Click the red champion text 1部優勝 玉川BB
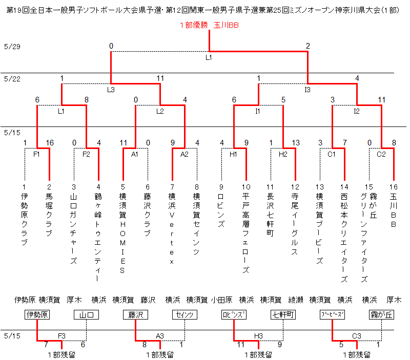point(209,25)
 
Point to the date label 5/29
point(12,47)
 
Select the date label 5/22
point(12,79)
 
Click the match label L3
point(111,90)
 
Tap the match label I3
point(307,90)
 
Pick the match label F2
point(86,155)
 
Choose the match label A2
point(184,155)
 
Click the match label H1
point(233,155)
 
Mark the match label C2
point(381,155)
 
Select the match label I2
point(357,111)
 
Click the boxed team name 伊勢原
point(37,314)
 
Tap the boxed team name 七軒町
point(283,314)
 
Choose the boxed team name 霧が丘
point(381,314)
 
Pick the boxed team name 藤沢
point(135,314)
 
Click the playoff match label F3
point(61,336)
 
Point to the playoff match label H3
point(258,336)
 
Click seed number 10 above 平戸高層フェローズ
point(246,187)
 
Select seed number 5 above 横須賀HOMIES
point(123,187)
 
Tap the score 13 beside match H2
point(296,143)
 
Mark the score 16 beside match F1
point(50,143)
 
